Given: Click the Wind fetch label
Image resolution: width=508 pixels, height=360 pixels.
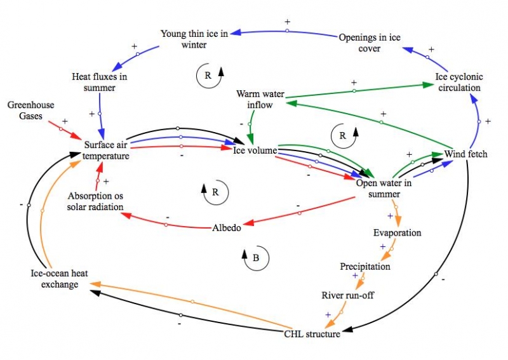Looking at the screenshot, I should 465,154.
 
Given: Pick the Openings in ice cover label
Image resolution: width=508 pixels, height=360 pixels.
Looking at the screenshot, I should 369,43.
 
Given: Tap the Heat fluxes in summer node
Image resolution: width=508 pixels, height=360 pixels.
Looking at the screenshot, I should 98,83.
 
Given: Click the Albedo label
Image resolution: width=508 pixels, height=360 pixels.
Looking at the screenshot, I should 226,228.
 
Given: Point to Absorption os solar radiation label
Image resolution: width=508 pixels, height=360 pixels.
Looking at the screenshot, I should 95,201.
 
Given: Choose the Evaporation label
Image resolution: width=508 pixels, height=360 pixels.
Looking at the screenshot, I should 396,233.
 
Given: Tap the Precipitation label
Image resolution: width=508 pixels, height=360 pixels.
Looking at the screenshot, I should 364,267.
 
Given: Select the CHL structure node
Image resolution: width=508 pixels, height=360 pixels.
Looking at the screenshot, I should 311,333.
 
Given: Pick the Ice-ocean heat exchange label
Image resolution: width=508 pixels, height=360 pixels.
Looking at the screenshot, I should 55,279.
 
